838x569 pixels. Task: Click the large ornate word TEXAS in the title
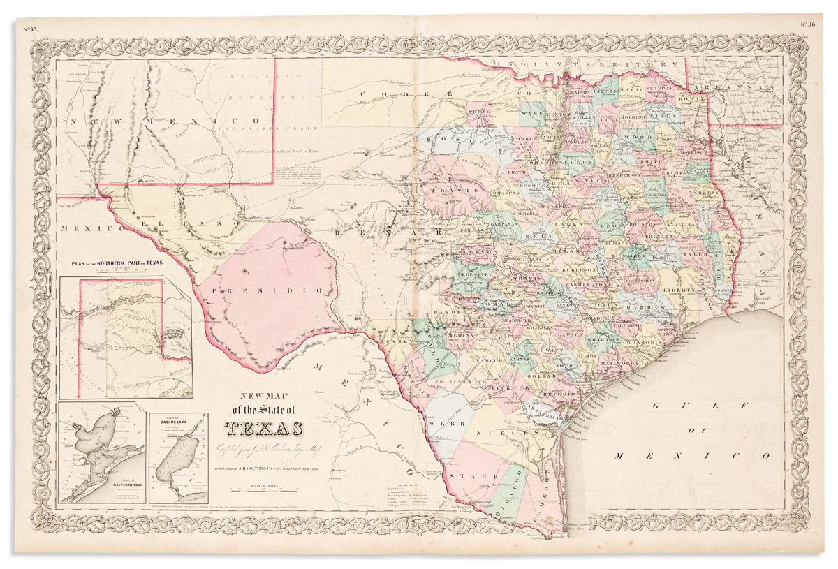coord(264,428)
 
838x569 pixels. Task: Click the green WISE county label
coord(530,113)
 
